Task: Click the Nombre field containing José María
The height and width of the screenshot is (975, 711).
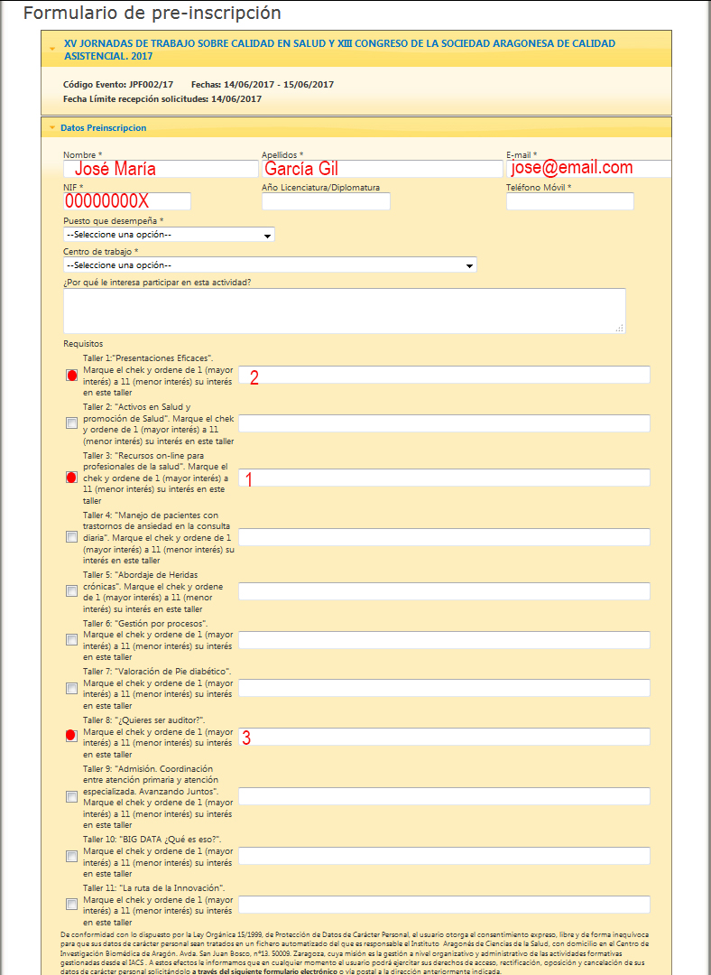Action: pyautogui.click(x=161, y=169)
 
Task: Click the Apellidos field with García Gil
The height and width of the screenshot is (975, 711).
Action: pyautogui.click(x=382, y=169)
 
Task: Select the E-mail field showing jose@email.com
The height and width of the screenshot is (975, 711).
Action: pyautogui.click(x=588, y=169)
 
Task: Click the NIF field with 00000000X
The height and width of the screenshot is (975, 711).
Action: pyautogui.click(x=126, y=201)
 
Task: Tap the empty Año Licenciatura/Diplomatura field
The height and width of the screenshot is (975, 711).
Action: pyautogui.click(x=326, y=201)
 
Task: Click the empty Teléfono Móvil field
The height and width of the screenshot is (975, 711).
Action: pyautogui.click(x=570, y=201)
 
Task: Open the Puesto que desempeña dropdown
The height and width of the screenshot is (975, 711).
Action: pyautogui.click(x=169, y=235)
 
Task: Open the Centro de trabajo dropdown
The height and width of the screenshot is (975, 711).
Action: pyautogui.click(x=270, y=265)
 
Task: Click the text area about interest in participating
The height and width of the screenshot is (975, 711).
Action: pyautogui.click(x=344, y=311)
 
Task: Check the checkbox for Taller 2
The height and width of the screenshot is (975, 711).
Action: pyautogui.click(x=72, y=423)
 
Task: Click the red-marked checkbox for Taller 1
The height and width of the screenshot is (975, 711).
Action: pyautogui.click(x=72, y=376)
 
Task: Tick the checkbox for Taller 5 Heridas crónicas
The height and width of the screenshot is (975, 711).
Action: pyautogui.click(x=72, y=591)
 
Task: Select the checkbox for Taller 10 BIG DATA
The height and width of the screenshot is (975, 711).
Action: pyautogui.click(x=72, y=856)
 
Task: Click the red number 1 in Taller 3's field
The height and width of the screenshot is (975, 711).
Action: pyautogui.click(x=249, y=480)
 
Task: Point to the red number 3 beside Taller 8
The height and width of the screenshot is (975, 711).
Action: pyautogui.click(x=245, y=738)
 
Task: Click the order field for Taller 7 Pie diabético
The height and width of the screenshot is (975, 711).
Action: pyautogui.click(x=444, y=688)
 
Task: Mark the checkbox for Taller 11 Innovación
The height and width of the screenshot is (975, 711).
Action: pyautogui.click(x=72, y=905)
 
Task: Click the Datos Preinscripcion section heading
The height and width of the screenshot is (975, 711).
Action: pyautogui.click(x=103, y=128)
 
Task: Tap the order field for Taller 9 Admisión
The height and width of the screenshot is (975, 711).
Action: pyautogui.click(x=444, y=796)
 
